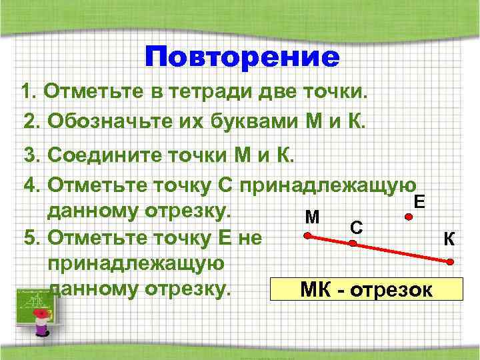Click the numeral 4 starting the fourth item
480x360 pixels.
[x=29, y=183]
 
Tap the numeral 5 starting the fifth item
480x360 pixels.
[x=29, y=237]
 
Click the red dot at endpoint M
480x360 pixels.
[x=307, y=235]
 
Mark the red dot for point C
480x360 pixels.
[x=353, y=244]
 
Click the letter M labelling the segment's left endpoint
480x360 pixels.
[x=311, y=217]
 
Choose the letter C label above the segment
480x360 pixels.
[x=357, y=227]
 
